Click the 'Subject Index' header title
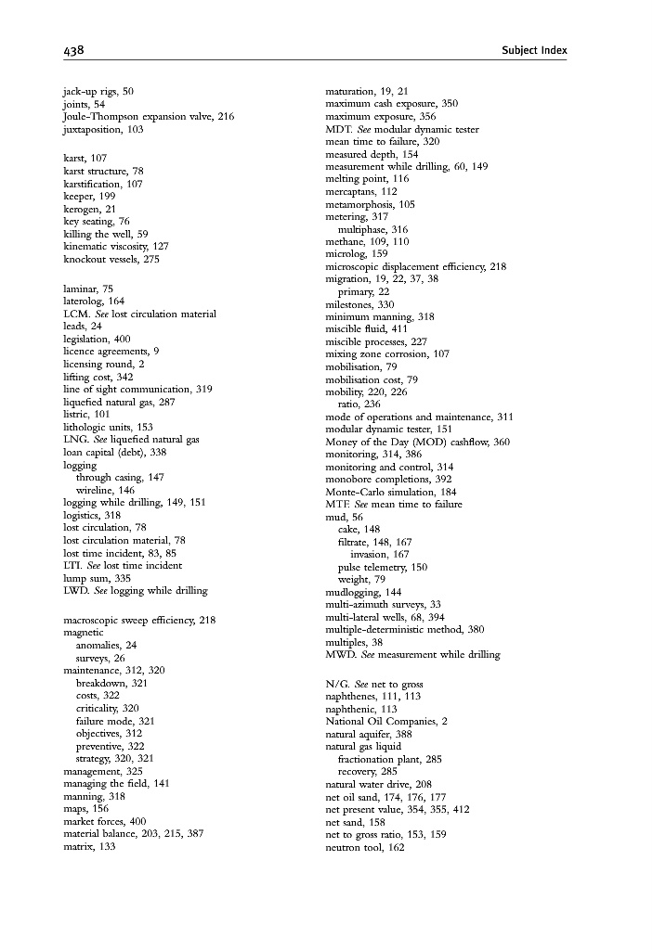pyautogui.click(x=532, y=50)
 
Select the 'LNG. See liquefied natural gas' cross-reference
pyautogui.click(x=131, y=439)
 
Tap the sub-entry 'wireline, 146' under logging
pyautogui.click(x=105, y=489)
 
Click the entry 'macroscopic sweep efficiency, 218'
pyautogui.click(x=139, y=620)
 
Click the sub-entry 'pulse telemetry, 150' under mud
pyautogui.click(x=383, y=567)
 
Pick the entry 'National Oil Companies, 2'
pyautogui.click(x=386, y=721)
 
